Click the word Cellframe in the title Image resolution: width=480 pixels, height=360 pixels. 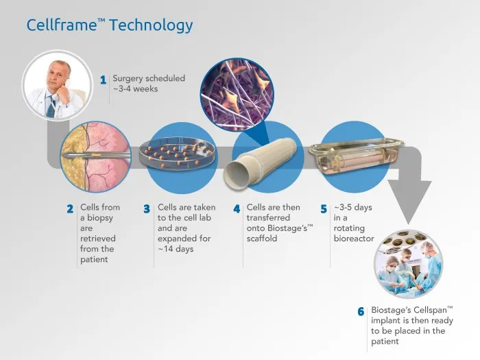click(62, 25)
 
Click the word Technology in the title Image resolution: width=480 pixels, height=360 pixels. click(151, 26)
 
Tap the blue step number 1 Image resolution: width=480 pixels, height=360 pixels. click(103, 80)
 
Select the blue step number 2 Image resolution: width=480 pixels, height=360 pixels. click(70, 209)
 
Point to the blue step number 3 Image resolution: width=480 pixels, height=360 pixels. click(147, 209)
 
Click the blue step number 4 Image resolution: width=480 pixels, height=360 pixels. click(237, 209)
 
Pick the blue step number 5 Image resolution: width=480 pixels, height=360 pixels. click(324, 209)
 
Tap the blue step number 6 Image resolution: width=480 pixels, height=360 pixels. click(361, 311)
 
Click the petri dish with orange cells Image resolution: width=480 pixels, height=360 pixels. click(178, 152)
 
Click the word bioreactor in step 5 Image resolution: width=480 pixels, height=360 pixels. click(354, 239)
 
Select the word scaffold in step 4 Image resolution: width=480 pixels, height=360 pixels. click(262, 239)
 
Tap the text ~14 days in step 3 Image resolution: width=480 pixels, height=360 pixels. click(176, 249)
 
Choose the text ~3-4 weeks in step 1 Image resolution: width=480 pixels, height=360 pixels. click(135, 88)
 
